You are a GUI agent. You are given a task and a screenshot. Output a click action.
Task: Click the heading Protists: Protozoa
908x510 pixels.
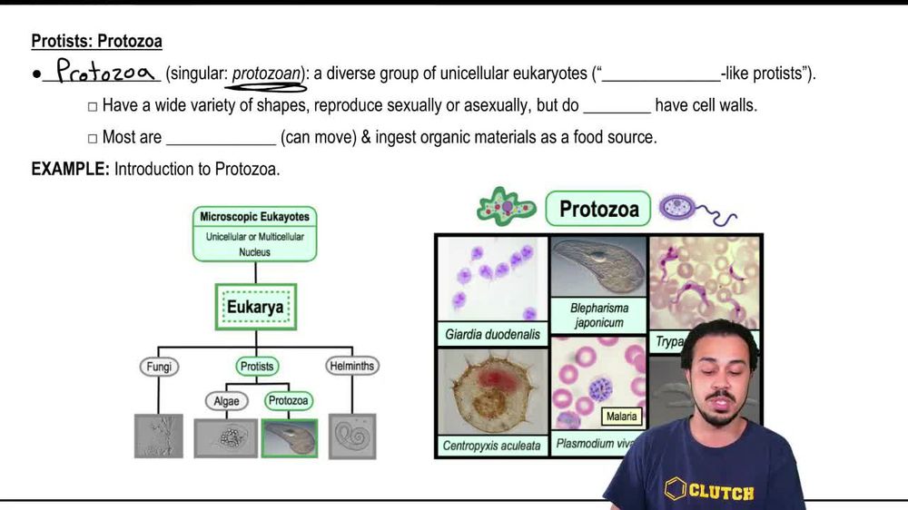[96, 42]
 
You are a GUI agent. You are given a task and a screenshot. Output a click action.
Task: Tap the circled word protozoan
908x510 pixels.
[266, 74]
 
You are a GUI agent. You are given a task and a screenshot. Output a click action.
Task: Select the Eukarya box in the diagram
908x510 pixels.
[254, 307]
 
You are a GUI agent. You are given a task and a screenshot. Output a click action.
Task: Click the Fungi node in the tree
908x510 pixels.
[158, 368]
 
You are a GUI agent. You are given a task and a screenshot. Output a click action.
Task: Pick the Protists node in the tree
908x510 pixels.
[255, 368]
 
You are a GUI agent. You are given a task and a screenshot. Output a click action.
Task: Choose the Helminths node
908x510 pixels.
[351, 368]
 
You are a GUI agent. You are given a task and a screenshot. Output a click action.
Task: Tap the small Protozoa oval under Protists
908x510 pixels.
[289, 400]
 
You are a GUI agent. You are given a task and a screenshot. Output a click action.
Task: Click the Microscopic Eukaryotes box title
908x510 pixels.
[254, 217]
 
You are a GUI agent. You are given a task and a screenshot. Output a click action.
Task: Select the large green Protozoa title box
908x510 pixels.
[598, 210]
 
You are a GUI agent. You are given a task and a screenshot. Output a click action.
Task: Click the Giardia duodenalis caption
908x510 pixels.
[492, 334]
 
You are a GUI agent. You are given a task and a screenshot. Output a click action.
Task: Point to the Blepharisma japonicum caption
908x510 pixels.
[599, 314]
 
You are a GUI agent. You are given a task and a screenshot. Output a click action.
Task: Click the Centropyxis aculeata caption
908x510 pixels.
[491, 446]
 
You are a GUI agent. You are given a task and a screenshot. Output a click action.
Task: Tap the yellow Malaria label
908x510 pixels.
[622, 417]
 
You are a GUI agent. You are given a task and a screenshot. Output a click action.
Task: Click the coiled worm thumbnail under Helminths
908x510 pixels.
[350, 436]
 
